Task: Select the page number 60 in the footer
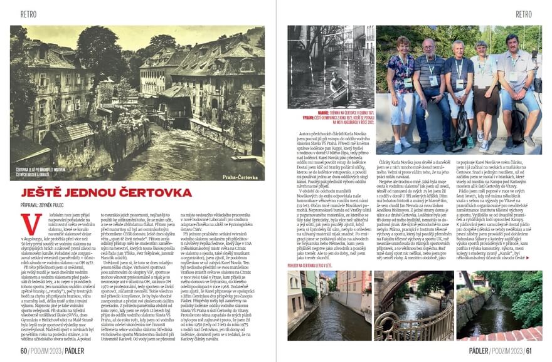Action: tap(24, 351)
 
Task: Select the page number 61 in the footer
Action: tap(529, 351)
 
